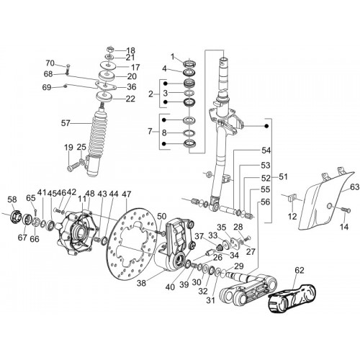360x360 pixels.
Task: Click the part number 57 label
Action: tap(66, 123)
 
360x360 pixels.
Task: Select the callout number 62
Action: tap(299, 271)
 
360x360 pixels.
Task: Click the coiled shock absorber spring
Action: tap(99, 131)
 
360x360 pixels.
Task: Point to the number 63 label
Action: tap(355, 186)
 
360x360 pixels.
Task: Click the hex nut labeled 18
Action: tap(109, 50)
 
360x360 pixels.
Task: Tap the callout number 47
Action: tap(127, 194)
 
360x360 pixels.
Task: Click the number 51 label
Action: tap(283, 177)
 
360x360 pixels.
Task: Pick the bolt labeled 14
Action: tap(346, 210)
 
